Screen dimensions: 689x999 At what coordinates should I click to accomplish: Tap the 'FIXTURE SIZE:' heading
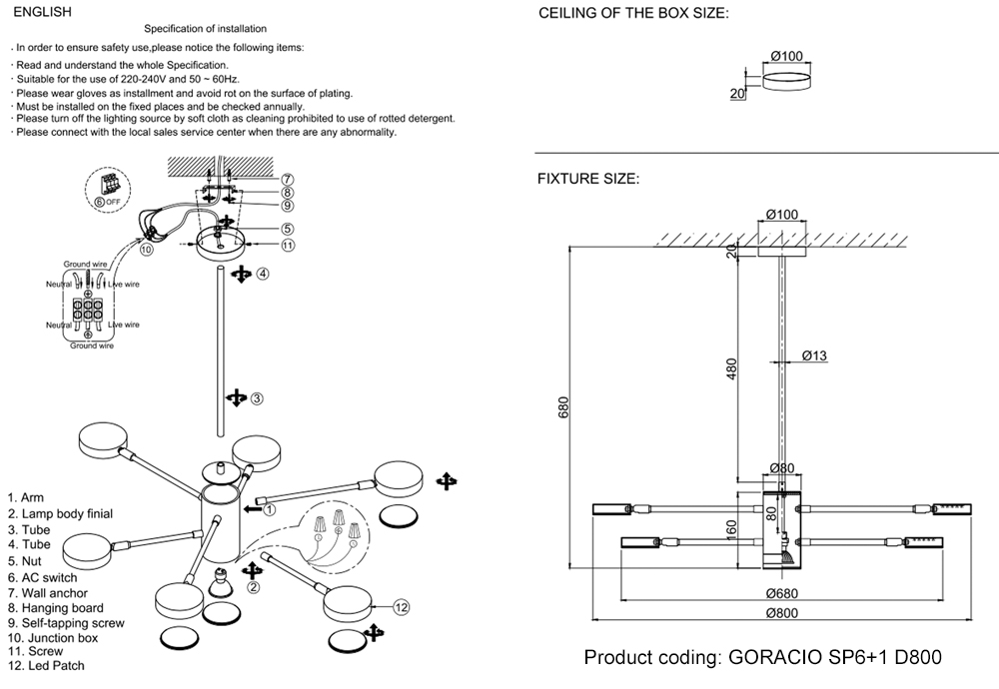(x=588, y=180)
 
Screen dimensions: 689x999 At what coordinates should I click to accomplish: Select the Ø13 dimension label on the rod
(x=814, y=356)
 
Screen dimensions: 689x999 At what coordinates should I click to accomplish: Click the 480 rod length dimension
(x=732, y=369)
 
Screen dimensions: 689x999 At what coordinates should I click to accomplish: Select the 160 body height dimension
(x=731, y=528)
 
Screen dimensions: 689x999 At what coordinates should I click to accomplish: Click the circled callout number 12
(x=402, y=607)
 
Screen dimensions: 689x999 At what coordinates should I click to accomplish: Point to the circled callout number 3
(x=256, y=398)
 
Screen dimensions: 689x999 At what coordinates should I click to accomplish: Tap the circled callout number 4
(x=262, y=273)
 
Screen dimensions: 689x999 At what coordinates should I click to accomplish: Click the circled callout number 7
(x=287, y=179)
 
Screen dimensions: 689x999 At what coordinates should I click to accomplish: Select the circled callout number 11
(x=287, y=245)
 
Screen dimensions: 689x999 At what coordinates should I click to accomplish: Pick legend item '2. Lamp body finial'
(x=60, y=513)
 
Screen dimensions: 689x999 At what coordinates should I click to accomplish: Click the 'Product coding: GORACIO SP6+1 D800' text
(x=762, y=658)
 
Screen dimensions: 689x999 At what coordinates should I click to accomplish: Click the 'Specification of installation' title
(x=206, y=30)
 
